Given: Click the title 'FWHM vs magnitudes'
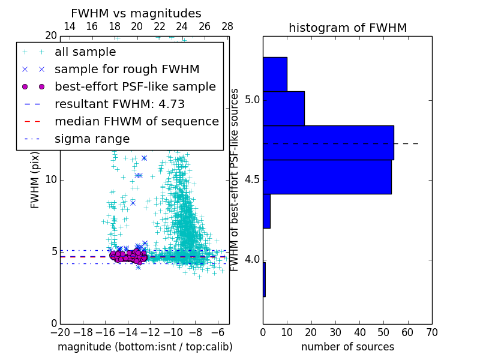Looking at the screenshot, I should [136, 14].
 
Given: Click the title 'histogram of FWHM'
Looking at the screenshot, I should [347, 28].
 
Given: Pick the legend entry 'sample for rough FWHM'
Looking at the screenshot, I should [127, 70].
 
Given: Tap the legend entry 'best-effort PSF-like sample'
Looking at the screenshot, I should [135, 86].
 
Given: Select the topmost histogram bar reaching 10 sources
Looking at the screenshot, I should [275, 74].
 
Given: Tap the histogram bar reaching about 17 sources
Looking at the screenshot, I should [283, 109].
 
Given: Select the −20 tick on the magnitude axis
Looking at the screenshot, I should [60, 332].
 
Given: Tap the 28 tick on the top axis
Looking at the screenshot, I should [227, 26].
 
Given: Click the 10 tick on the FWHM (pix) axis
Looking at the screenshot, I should [51, 180].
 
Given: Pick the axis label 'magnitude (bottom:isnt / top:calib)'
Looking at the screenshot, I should [145, 347].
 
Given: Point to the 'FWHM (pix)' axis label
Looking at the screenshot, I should [35, 179].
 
